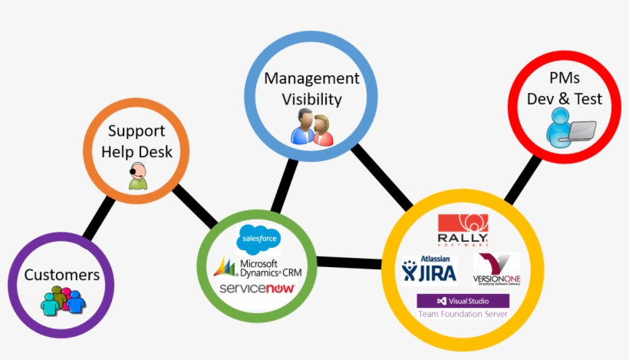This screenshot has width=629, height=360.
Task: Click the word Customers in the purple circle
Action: [x=61, y=275]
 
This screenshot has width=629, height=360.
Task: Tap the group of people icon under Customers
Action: [x=62, y=300]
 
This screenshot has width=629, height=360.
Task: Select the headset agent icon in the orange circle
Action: [x=137, y=176]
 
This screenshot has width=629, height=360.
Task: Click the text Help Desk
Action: [x=137, y=151]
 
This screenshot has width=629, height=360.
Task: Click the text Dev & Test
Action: [x=565, y=99]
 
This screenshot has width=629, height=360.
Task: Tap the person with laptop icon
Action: [x=570, y=127]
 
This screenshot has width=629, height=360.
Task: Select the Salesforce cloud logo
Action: [x=259, y=239]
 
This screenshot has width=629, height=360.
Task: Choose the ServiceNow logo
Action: [x=256, y=289]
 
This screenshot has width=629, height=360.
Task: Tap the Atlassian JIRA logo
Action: [x=429, y=269]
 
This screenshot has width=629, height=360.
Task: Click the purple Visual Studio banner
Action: [x=462, y=301]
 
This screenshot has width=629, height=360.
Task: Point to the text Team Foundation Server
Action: [x=462, y=315]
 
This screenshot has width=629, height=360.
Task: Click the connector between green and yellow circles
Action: [x=348, y=263]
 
